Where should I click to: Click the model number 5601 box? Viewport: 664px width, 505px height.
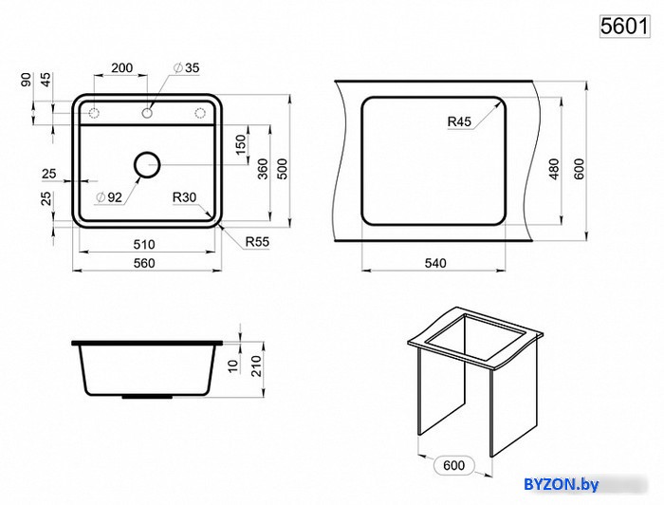[x=624, y=27]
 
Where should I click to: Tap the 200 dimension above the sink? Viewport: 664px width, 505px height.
[x=122, y=67]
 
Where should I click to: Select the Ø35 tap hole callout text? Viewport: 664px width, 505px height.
[x=186, y=67]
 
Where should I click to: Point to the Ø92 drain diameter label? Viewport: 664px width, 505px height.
[x=109, y=197]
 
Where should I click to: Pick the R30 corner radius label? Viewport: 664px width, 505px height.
[x=184, y=197]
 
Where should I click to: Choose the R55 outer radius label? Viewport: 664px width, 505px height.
[x=257, y=242]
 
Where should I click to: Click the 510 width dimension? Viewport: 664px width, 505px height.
[x=144, y=245]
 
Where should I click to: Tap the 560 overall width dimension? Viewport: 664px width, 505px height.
[x=144, y=263]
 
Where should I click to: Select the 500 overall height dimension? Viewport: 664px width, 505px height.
[x=283, y=169]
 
